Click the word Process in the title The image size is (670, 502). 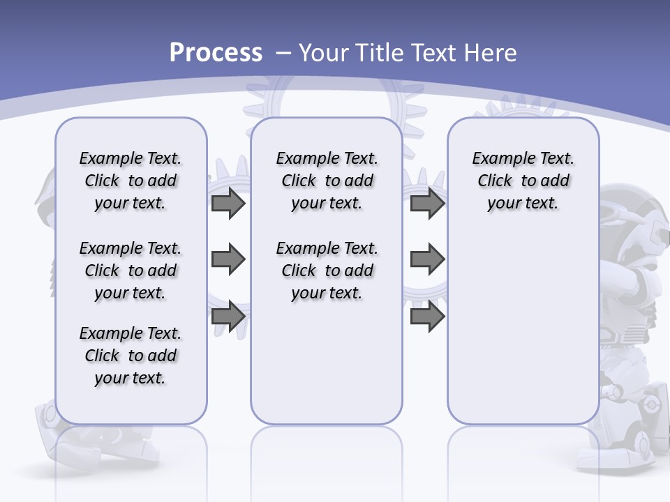pyautogui.click(x=216, y=53)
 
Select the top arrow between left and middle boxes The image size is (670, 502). pyautogui.click(x=228, y=204)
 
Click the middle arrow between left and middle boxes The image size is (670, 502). pyautogui.click(x=228, y=259)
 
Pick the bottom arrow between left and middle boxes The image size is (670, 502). pyautogui.click(x=228, y=316)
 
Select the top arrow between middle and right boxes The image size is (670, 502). pyautogui.click(x=427, y=204)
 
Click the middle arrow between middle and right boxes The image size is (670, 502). pyautogui.click(x=427, y=259)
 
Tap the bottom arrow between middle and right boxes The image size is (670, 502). pyautogui.click(x=427, y=316)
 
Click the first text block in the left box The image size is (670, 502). pyautogui.click(x=131, y=181)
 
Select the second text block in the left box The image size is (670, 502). pyautogui.click(x=131, y=271)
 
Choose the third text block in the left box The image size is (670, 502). pyautogui.click(x=131, y=356)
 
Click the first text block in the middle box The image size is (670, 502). pyautogui.click(x=327, y=181)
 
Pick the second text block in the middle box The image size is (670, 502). pyautogui.click(x=327, y=271)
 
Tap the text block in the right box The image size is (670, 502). pyautogui.click(x=523, y=181)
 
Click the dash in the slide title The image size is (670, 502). pyautogui.click(x=283, y=53)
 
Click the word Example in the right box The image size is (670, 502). pyautogui.click(x=498, y=159)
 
